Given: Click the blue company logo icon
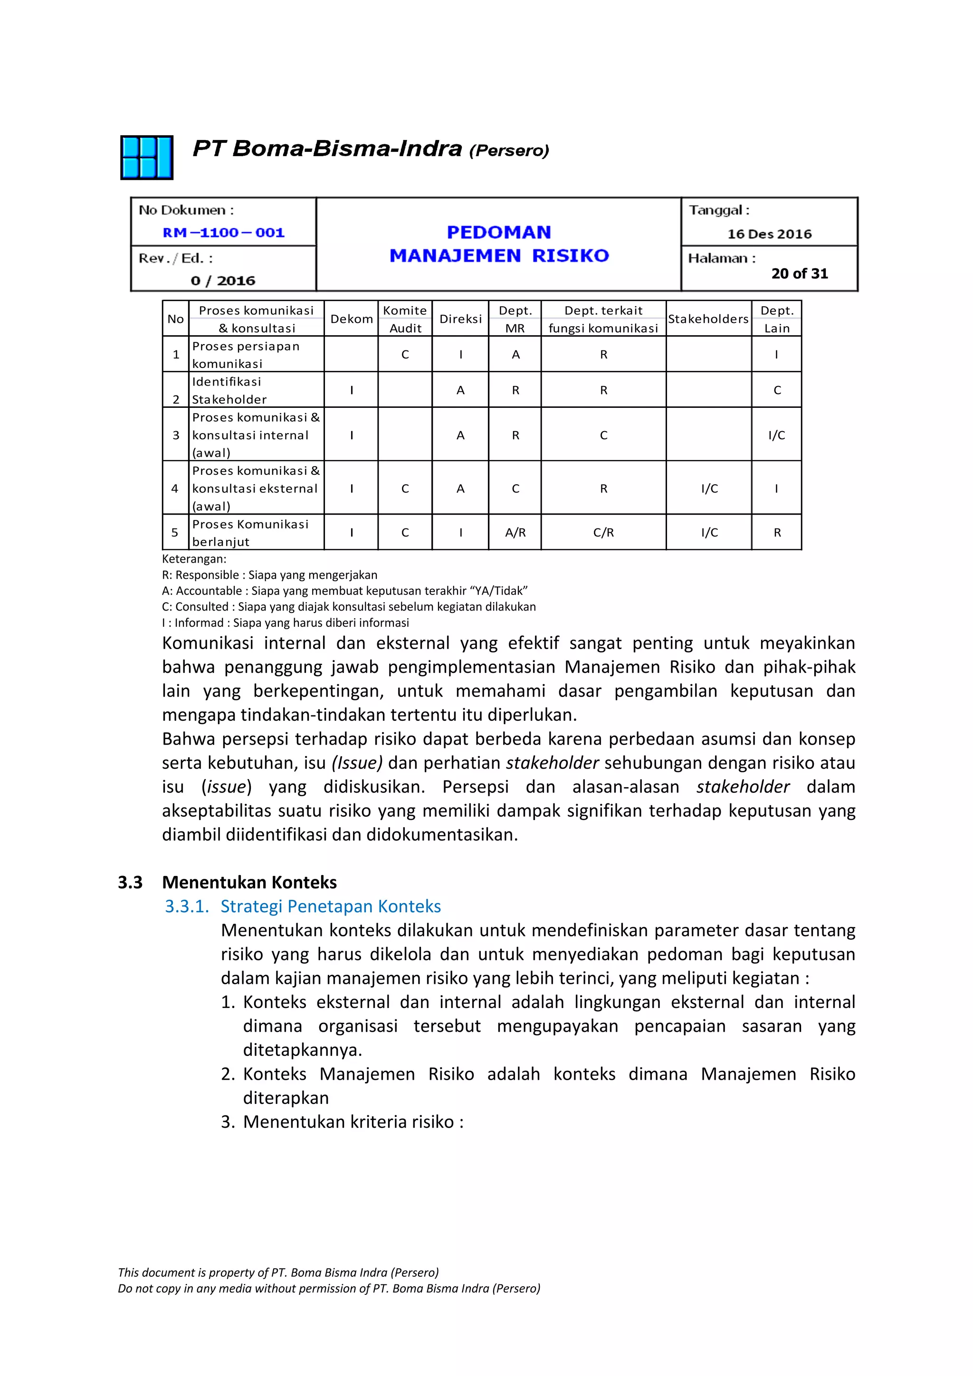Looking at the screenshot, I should click(x=147, y=158).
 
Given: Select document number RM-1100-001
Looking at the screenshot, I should click(x=224, y=233).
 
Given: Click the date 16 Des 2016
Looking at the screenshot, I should click(x=769, y=234).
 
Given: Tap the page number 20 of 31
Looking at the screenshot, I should click(x=799, y=274).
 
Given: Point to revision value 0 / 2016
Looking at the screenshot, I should click(x=223, y=281).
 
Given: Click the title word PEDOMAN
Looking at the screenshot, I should click(x=499, y=232).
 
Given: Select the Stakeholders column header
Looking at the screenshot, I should click(x=708, y=319).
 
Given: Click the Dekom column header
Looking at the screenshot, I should click(x=351, y=319).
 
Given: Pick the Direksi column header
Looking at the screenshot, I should click(x=460, y=319).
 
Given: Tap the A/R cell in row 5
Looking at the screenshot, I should click(x=515, y=532).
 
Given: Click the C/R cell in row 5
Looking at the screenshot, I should click(x=603, y=532).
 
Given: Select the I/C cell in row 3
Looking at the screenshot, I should click(x=776, y=435).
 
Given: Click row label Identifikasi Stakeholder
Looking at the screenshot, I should click(x=229, y=390).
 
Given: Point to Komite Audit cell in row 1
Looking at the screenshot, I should click(x=405, y=354).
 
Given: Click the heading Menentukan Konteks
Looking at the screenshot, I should click(x=249, y=882).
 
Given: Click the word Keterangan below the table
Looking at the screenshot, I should click(x=194, y=558).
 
